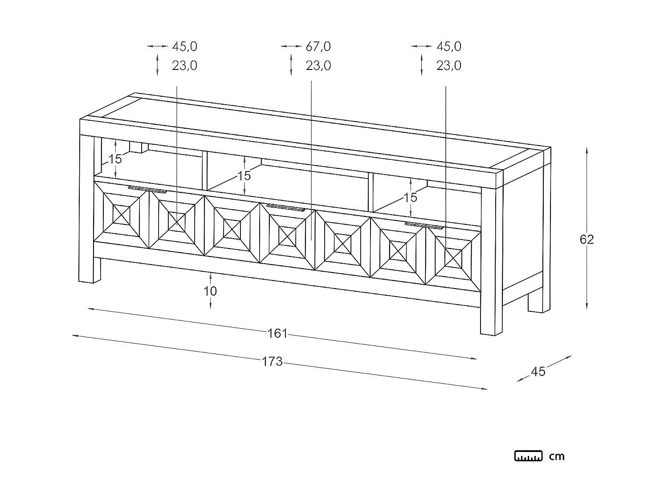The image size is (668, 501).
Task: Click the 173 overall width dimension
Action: point(272,361)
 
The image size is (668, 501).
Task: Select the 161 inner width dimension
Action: point(277,334)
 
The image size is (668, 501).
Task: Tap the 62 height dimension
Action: point(587,240)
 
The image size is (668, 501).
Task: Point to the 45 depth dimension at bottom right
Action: point(538,371)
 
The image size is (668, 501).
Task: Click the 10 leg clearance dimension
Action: point(210,291)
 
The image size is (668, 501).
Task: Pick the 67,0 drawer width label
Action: point(318,47)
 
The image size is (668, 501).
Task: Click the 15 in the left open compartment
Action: point(115,159)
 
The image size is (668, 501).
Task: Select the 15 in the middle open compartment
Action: point(244,175)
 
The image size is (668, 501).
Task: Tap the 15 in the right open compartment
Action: point(410,197)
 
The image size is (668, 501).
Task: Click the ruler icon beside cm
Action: point(528,456)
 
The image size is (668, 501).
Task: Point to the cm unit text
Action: point(557,456)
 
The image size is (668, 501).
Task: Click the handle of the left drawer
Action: point(147,190)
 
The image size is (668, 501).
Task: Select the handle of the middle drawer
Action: point(286,208)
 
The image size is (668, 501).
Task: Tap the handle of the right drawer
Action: point(424,225)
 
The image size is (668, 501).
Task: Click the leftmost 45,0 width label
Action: point(184,47)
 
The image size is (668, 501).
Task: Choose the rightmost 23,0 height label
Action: point(448,65)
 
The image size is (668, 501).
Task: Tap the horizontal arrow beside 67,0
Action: point(291,46)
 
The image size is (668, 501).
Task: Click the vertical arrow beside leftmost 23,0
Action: point(157,65)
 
